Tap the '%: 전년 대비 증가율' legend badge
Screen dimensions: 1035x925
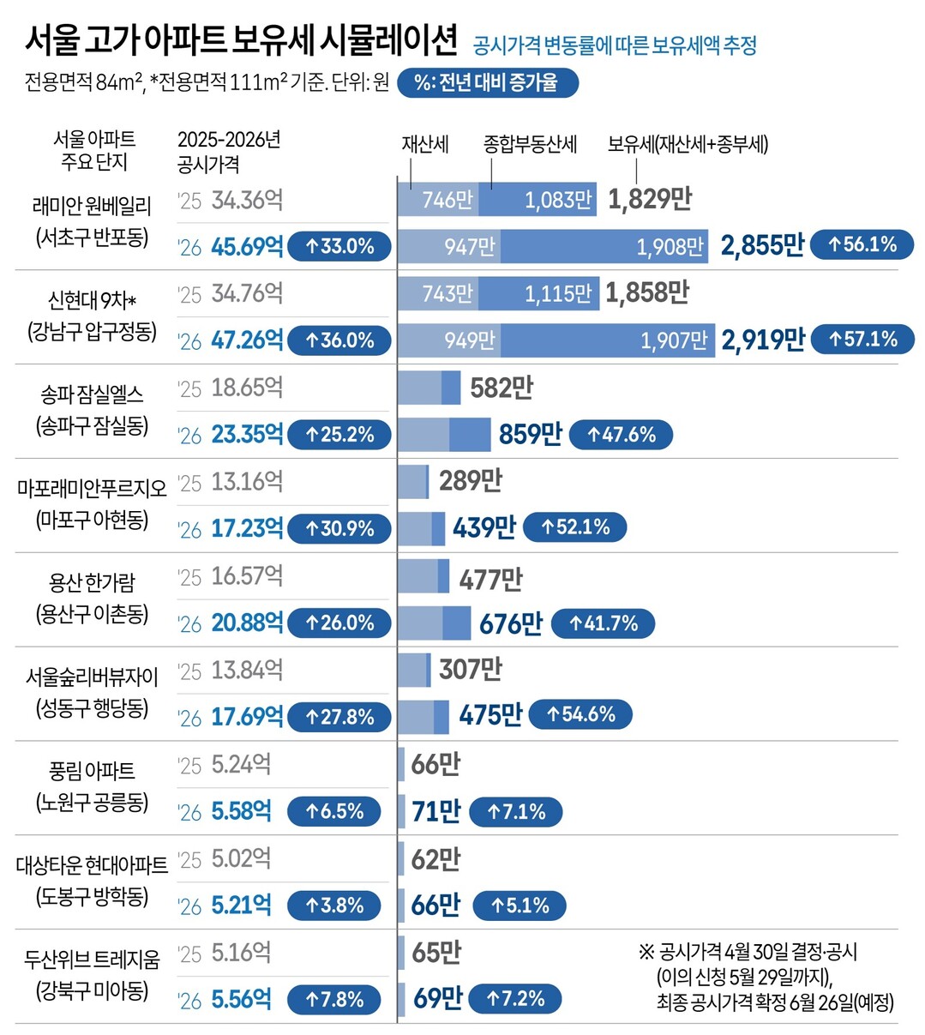(x=488, y=82)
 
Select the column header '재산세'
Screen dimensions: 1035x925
(x=425, y=144)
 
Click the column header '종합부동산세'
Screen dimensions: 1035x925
(x=530, y=144)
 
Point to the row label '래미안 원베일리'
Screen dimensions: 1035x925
(x=92, y=206)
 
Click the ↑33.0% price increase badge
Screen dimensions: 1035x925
(x=339, y=247)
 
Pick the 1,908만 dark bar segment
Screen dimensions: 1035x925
(x=604, y=247)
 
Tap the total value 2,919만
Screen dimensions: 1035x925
(x=762, y=340)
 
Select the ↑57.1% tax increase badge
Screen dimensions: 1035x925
(x=862, y=340)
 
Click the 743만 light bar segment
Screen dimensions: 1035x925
(x=438, y=294)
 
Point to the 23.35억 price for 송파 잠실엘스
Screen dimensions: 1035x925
(x=247, y=435)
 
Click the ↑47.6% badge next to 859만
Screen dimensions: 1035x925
(x=621, y=435)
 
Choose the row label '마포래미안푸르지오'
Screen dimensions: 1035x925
(x=92, y=488)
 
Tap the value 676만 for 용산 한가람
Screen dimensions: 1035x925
(x=510, y=623)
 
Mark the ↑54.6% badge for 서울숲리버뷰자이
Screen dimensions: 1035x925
(x=580, y=714)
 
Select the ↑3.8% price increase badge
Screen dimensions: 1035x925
(x=334, y=906)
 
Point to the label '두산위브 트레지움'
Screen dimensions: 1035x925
(x=92, y=959)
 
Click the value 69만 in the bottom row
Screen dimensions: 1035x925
(x=436, y=999)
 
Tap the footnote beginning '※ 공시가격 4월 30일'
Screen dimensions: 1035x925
(x=766, y=977)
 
